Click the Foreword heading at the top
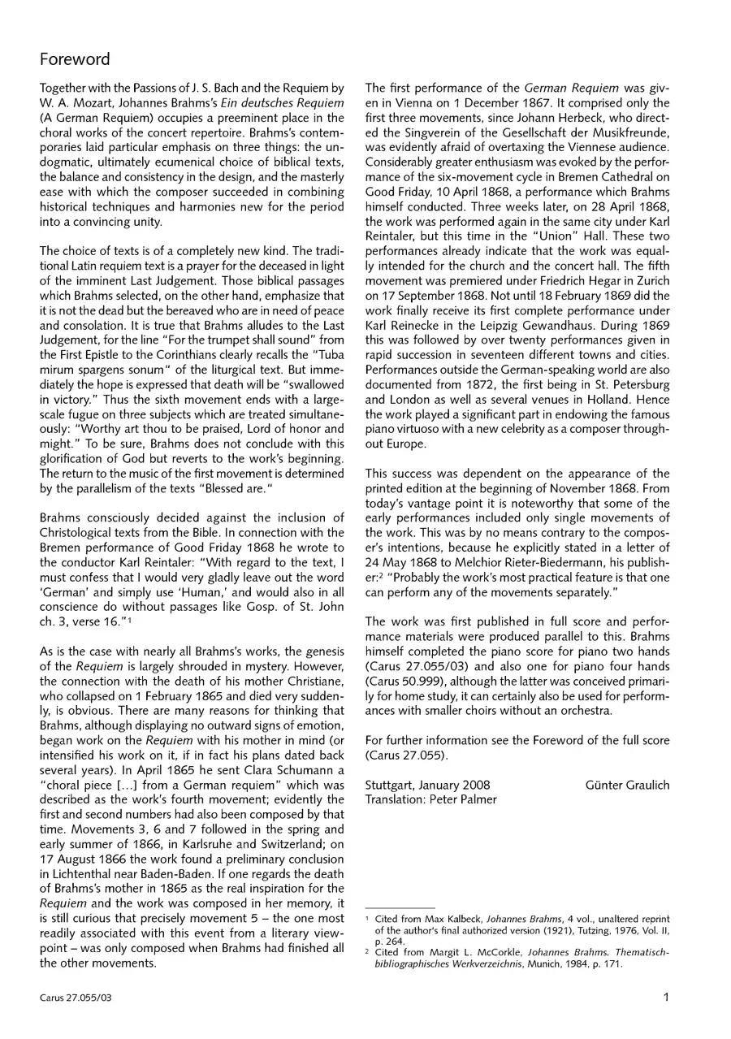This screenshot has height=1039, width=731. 75,59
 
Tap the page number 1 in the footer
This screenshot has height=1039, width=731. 665,998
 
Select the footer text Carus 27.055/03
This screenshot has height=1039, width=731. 75,998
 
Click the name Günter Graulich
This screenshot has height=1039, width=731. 627,785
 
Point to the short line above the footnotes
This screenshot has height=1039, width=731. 400,907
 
